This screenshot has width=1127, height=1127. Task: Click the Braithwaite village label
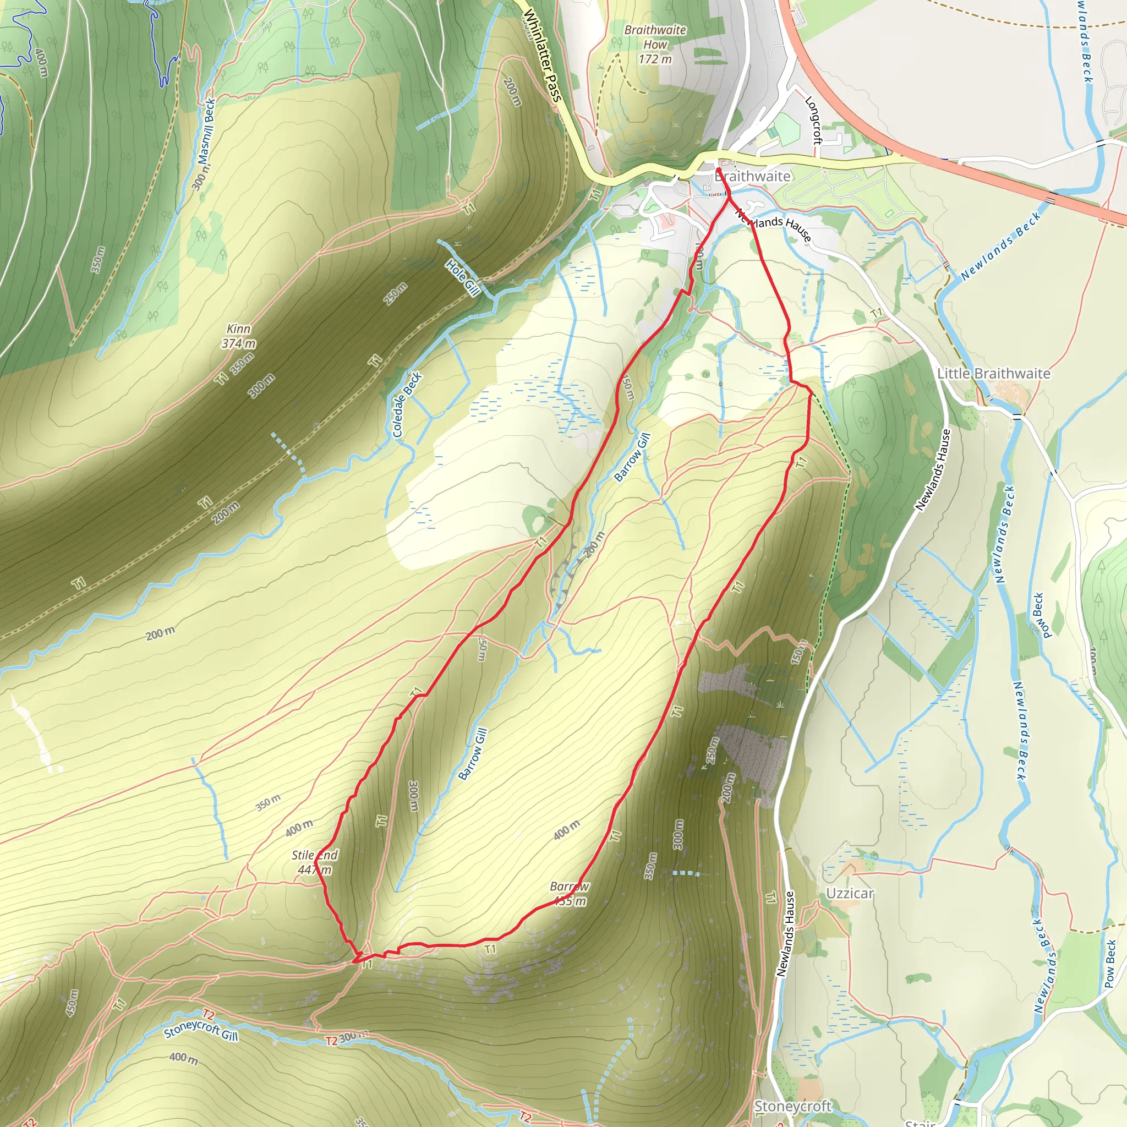click(x=752, y=176)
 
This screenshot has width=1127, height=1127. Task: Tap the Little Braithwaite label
click(x=993, y=373)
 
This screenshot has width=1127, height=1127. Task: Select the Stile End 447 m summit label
click(x=314, y=862)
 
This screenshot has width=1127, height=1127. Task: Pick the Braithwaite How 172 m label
click(x=655, y=45)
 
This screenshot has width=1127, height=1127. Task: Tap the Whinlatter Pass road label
click(x=542, y=56)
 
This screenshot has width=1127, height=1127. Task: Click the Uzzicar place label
click(x=850, y=894)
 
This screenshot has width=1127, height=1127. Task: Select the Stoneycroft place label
click(x=792, y=1106)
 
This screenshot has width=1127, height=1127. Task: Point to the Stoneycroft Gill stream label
click(x=201, y=1030)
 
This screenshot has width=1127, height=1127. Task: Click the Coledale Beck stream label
click(x=407, y=405)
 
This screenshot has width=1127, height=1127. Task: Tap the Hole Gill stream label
click(x=463, y=277)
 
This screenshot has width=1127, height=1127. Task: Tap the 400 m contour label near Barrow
click(x=566, y=829)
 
